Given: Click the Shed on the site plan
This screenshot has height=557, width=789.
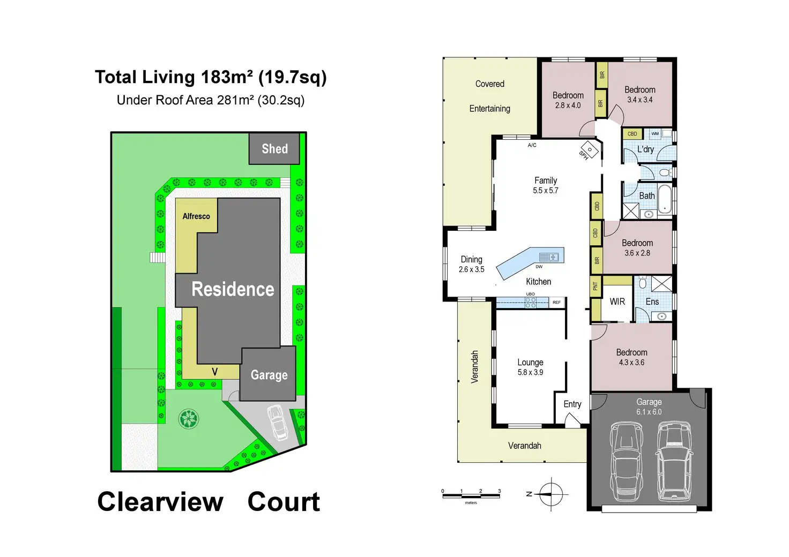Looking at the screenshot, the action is pyautogui.click(x=274, y=149).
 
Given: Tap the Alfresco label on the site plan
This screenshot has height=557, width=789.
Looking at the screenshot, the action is pyautogui.click(x=196, y=216).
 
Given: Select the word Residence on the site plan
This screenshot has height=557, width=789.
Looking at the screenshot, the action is pyautogui.click(x=233, y=289).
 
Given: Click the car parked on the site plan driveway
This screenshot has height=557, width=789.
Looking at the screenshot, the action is pyautogui.click(x=278, y=422).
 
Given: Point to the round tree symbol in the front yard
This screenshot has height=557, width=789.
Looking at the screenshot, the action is pyautogui.click(x=188, y=418).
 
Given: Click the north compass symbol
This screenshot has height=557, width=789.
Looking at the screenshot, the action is pyautogui.click(x=551, y=494).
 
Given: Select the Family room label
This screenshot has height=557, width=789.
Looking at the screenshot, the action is pyautogui.click(x=546, y=185).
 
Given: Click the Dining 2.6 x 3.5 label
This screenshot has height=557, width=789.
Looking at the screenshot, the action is pyautogui.click(x=472, y=264).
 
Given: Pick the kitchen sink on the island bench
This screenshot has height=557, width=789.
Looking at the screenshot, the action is pyautogui.click(x=548, y=257).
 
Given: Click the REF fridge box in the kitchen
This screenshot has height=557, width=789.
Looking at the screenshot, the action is pyautogui.click(x=557, y=303).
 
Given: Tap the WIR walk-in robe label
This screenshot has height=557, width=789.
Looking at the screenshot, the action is pyautogui.click(x=617, y=302).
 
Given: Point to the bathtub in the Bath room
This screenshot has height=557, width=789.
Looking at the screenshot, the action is pyautogui.click(x=665, y=199).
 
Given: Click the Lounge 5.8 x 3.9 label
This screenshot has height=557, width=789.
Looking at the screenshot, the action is pyautogui.click(x=530, y=367).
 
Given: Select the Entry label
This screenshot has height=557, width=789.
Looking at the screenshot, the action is pyautogui.click(x=572, y=404).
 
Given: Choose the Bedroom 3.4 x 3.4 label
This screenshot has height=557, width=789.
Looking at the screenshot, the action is pyautogui.click(x=640, y=94).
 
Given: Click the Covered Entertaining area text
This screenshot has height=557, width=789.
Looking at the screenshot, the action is pyautogui.click(x=490, y=96).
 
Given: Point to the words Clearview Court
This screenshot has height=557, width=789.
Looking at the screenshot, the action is pyautogui.click(x=209, y=502).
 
